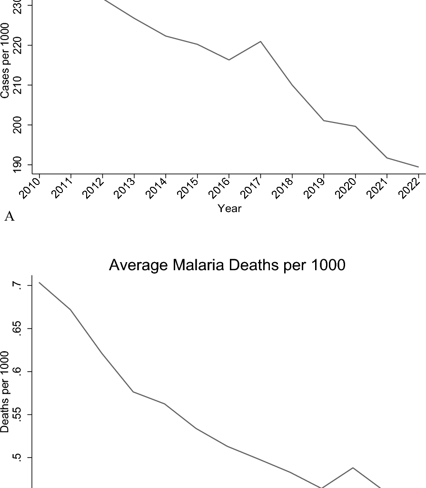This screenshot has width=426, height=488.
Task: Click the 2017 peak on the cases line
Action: pos(260,41)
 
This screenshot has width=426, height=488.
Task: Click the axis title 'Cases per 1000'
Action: pos(5,61)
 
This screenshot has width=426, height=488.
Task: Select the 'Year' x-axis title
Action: pos(229,208)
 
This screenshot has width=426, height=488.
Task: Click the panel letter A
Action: pos(9,217)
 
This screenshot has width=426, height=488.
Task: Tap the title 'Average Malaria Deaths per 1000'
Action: pos(227,265)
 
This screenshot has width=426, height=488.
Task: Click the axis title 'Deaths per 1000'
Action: pos(5,392)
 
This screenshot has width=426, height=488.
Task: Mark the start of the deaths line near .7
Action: pos(40,283)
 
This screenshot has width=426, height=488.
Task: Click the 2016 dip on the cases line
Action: pos(229,60)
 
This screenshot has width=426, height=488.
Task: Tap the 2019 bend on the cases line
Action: pos(324,121)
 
